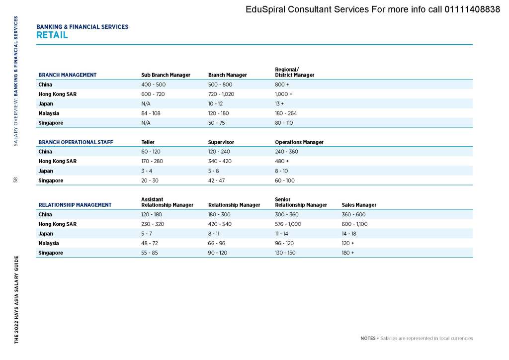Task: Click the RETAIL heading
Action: (52, 35)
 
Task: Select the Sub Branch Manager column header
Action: (166, 75)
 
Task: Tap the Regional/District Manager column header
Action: (294, 72)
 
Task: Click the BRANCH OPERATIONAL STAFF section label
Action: (76, 142)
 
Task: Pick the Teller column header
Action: (148, 142)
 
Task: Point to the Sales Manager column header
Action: (359, 205)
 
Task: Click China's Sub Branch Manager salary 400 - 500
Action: (154, 85)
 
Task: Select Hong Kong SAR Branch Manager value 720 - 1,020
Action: (221, 94)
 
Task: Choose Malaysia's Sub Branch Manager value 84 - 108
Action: (152, 113)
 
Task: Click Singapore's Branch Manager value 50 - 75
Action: (217, 123)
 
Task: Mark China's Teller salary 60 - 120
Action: (151, 152)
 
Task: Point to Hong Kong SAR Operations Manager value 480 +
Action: (282, 161)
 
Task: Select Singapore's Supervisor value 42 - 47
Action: (216, 180)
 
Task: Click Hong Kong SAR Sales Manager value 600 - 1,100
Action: (354, 224)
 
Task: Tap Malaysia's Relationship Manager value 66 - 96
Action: (217, 243)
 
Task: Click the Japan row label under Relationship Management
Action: (46, 234)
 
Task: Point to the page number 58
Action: (16, 180)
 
